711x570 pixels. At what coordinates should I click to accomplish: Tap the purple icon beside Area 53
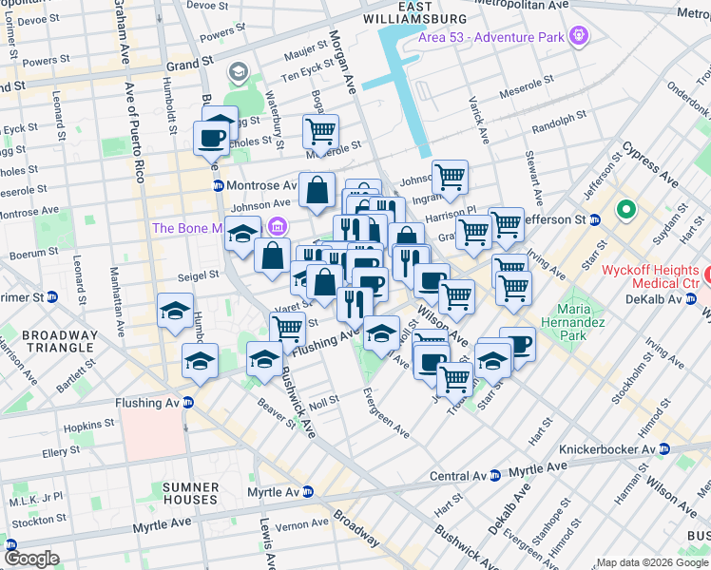pos(578,38)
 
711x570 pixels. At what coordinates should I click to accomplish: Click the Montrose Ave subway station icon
pos(218,185)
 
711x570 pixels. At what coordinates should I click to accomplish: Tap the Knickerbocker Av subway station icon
pos(664,449)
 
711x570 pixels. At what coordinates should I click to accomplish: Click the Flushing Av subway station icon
pos(188,403)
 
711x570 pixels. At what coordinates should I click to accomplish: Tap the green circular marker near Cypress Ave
pos(626,209)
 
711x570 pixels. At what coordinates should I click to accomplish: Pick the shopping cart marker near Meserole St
pos(321,131)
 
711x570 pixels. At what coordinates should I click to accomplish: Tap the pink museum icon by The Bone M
pos(277,227)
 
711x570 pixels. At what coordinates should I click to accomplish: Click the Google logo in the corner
pos(31,559)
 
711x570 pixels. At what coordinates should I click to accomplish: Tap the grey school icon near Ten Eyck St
pos(237,72)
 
